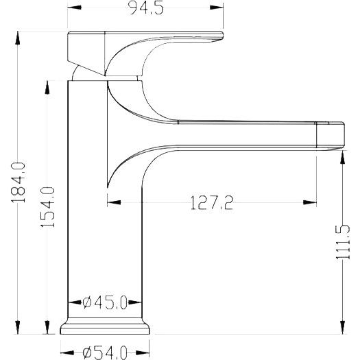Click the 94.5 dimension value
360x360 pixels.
[146, 8]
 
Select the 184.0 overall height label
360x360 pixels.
[18, 182]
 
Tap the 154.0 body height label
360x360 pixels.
[47, 207]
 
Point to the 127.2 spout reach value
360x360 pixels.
[212, 202]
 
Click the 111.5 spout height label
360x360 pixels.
[343, 242]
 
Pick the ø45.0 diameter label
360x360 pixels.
[105, 302]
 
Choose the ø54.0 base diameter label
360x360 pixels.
[105, 353]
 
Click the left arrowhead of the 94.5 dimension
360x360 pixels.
[74, 8]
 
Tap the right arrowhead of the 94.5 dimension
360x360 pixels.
[217, 8]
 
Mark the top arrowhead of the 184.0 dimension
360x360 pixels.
[17, 38]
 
